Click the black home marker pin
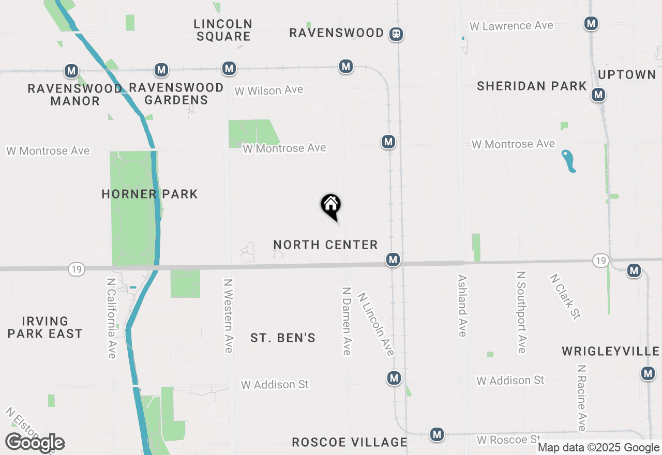[331, 206]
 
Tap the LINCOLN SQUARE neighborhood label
[223, 30]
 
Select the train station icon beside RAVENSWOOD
[397, 34]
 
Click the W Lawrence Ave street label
[511, 26]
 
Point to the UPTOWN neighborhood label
[627, 75]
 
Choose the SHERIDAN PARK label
[532, 86]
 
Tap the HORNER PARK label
[149, 194]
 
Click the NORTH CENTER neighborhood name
[325, 245]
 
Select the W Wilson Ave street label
[268, 90]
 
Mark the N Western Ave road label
[228, 316]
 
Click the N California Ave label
[111, 318]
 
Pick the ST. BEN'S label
[283, 338]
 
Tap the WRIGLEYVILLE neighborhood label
[610, 352]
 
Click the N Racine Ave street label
[582, 398]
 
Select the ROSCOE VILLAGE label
[350, 442]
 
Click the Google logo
[35, 443]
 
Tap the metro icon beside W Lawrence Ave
[591, 23]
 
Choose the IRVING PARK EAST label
[45, 328]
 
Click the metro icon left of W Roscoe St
[438, 434]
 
